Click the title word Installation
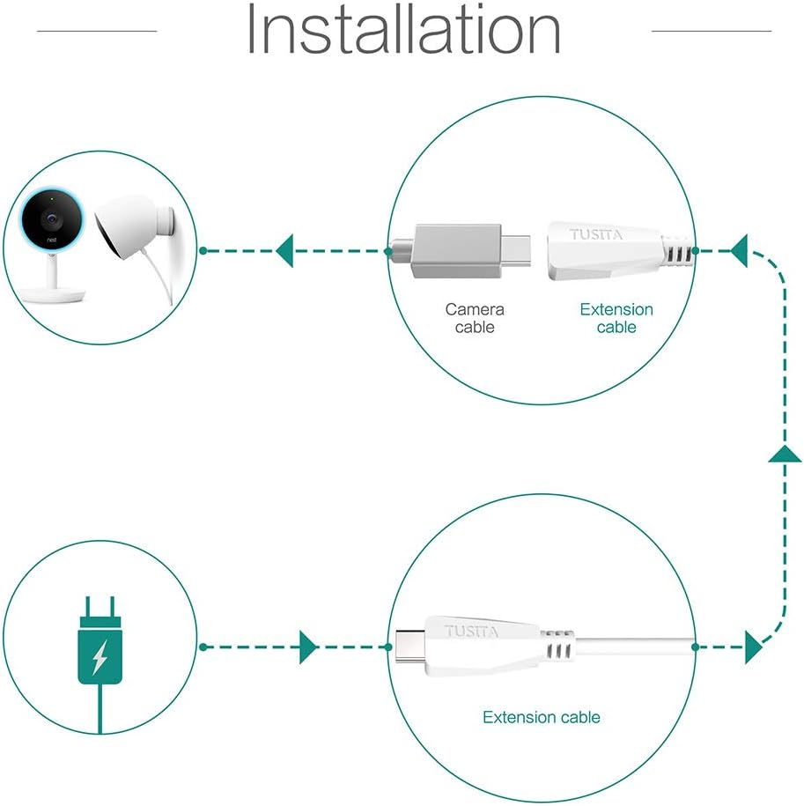402,30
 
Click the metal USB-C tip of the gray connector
519,251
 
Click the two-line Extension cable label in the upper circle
616,318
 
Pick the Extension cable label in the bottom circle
541,717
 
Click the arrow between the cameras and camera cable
284,251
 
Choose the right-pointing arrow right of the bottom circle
753,647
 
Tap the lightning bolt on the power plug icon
100,654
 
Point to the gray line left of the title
96,31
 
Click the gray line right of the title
711,31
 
